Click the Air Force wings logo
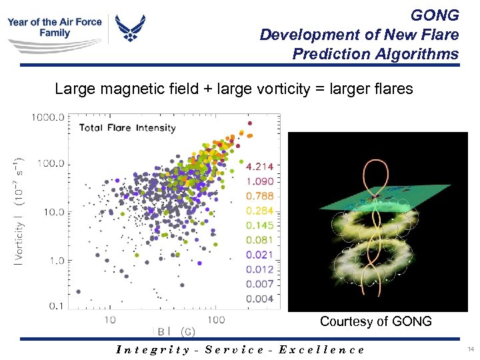[130, 29]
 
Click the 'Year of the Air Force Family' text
[55, 27]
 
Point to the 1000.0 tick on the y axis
[47, 117]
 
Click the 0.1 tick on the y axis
[57, 306]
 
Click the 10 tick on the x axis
[109, 319]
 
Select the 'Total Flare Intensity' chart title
[127, 127]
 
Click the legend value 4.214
[259, 166]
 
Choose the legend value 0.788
[259, 195]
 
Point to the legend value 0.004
[259, 299]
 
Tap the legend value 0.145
[259, 225]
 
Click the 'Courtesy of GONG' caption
[375, 321]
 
